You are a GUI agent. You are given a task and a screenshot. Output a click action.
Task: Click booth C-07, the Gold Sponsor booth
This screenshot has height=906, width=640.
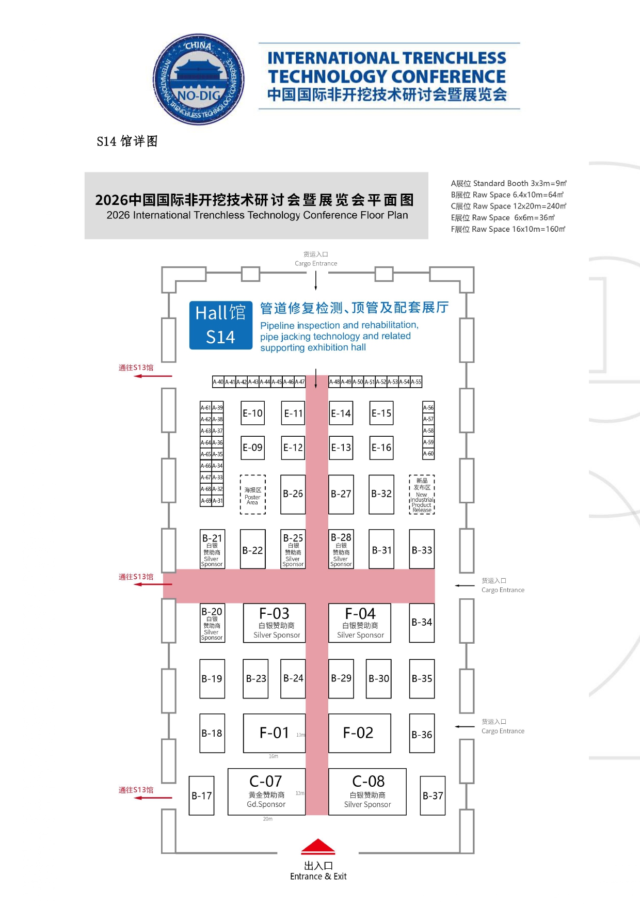tap(266, 791)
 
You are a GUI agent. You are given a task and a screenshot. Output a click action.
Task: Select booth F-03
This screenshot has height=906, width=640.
tap(274, 623)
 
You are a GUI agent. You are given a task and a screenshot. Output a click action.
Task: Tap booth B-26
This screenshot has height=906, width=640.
tap(293, 494)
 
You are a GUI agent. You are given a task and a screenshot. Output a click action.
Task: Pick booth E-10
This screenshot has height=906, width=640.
tap(252, 413)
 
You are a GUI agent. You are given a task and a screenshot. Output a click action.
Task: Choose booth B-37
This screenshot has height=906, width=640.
tap(433, 796)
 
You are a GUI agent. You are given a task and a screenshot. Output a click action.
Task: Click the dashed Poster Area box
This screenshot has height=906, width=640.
tap(252, 495)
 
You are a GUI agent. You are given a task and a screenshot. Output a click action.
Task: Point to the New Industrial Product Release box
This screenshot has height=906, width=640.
tap(422, 495)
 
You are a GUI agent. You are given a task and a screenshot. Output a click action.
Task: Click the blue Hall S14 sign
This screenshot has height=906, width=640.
tap(220, 325)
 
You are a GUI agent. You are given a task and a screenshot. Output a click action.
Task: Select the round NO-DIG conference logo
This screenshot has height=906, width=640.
tap(199, 79)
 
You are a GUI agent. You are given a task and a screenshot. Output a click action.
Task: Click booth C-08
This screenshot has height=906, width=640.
tap(367, 791)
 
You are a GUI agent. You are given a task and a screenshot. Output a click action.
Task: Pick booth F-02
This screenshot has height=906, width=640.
tap(359, 733)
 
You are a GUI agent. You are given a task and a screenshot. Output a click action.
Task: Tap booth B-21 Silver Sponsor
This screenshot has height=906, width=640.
tap(212, 549)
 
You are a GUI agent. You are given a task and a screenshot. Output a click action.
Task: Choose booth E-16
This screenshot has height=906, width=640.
tap(381, 448)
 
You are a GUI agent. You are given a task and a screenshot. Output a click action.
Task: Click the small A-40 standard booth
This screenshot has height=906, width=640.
tap(218, 382)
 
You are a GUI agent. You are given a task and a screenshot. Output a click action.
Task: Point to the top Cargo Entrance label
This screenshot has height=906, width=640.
tap(316, 259)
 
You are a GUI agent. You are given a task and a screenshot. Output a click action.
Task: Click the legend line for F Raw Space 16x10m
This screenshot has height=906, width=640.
tap(508, 229)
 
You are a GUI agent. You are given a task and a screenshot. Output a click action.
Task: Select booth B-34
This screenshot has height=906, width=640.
tap(422, 623)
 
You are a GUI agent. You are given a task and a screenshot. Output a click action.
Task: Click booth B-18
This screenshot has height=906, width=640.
tap(212, 733)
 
